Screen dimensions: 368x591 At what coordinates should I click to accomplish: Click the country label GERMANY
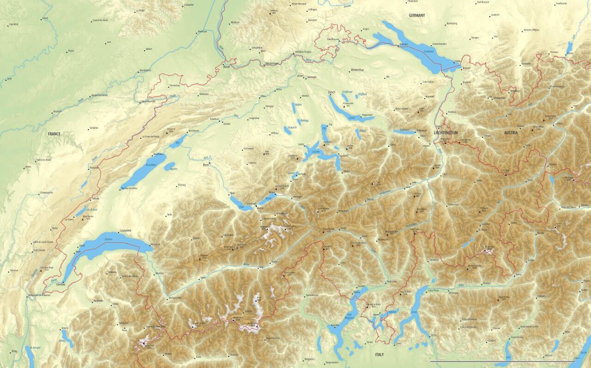click(416, 15)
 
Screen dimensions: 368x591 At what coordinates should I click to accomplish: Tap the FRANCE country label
click(54, 134)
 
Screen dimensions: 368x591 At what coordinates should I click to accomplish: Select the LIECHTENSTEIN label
click(446, 133)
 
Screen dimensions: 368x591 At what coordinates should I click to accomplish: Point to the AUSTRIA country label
click(511, 133)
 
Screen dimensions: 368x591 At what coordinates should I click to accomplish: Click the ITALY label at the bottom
click(379, 355)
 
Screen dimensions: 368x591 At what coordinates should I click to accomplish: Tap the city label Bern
click(206, 164)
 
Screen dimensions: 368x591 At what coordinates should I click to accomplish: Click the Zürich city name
click(332, 92)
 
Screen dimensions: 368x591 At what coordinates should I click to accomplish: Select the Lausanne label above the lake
click(125, 230)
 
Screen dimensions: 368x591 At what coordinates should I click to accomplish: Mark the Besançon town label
click(57, 111)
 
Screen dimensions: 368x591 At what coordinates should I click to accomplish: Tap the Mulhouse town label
click(202, 31)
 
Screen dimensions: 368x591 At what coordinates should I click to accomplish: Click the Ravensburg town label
click(451, 23)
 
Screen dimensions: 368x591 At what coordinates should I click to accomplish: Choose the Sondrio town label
click(486, 283)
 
